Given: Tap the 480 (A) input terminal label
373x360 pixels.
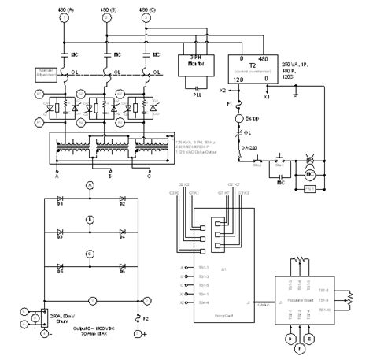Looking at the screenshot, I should coord(66,8).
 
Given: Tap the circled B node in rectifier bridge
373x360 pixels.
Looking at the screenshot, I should coord(90,219).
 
